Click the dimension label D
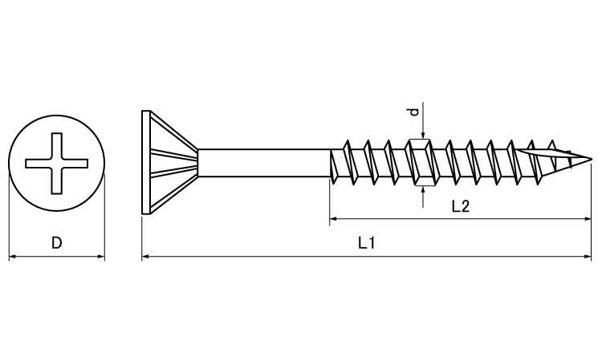pos(56,243)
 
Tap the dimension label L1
pos(367,243)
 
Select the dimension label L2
pos(461,206)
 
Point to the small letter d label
pos(413,112)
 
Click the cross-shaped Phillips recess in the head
pos(56,164)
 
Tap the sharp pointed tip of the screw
pos(591,159)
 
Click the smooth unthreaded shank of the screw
pos(264,163)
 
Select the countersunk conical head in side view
pos(169,162)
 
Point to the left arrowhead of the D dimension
pos(12,256)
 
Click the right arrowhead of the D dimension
pos(101,256)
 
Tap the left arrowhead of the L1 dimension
pos(145,256)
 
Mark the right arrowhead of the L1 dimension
pos(588,256)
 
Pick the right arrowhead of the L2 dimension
pos(588,219)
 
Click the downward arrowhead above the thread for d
pos(423,135)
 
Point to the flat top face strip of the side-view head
pos(145,162)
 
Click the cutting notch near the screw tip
pos(544,154)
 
